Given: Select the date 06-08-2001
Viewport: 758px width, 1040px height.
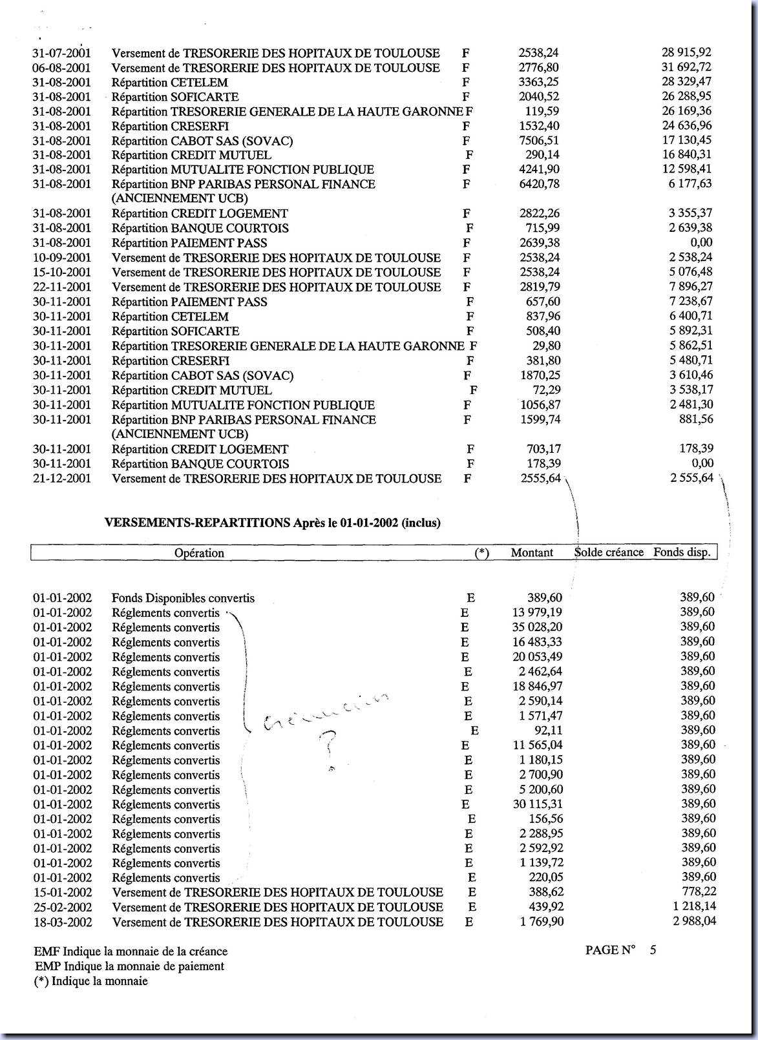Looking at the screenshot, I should [62, 68].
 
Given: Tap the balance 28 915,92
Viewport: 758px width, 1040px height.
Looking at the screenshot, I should [686, 52].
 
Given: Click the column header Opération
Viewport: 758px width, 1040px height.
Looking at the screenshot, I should [199, 553].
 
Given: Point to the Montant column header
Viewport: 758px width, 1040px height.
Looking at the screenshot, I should [532, 553].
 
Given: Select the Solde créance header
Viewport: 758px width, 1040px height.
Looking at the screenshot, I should [609, 552].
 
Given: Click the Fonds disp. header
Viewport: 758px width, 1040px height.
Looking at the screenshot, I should [682, 552].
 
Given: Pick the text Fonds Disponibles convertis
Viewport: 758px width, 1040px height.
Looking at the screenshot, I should [183, 598].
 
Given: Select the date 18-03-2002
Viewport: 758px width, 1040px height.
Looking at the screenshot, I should [63, 922].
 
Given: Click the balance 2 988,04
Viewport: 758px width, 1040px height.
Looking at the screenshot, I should [694, 921].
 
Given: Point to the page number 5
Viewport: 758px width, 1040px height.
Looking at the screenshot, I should [653, 950].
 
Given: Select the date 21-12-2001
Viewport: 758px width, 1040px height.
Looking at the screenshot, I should [62, 479].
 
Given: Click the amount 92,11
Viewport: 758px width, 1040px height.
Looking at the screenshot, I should [548, 731].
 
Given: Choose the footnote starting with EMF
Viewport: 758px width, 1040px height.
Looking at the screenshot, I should [131, 952].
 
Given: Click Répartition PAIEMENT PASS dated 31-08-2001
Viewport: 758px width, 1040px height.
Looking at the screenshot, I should [189, 243].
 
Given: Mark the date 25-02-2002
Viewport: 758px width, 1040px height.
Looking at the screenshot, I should [63, 907].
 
